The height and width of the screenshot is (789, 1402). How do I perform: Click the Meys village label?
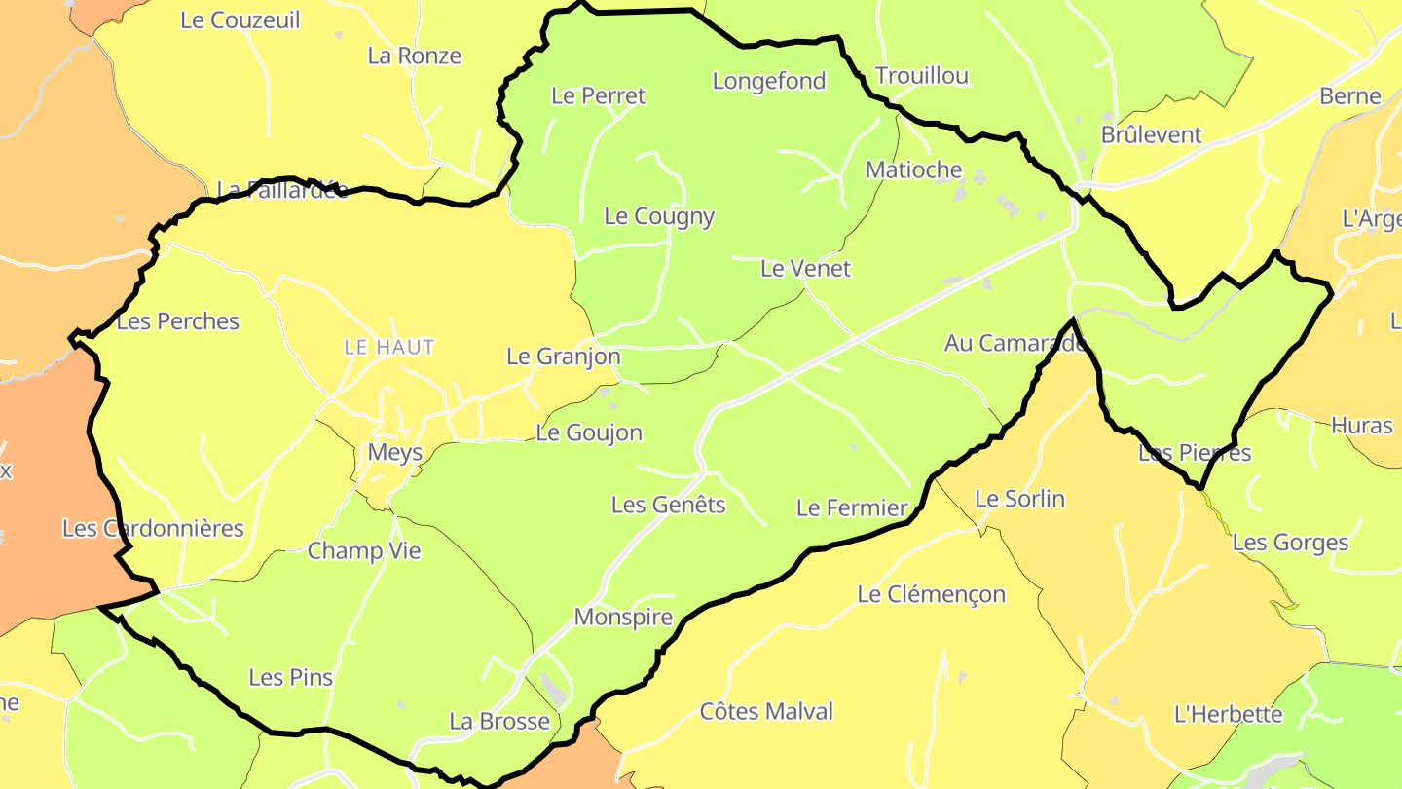395,452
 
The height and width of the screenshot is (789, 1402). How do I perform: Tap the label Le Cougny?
659,216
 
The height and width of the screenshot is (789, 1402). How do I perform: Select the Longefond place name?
769,81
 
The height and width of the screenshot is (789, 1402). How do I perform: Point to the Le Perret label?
598,95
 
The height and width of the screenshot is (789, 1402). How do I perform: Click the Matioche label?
913,169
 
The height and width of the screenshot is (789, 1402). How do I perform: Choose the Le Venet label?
805,268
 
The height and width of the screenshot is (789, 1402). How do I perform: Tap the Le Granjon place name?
563,357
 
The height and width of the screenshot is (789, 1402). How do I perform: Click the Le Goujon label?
589,432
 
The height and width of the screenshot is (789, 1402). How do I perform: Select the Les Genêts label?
668,505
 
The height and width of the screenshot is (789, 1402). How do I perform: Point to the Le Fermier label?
851,507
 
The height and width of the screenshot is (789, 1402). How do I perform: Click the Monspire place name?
623,617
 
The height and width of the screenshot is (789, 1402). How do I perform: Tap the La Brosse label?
498,722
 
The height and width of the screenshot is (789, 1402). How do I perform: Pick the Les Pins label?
290,677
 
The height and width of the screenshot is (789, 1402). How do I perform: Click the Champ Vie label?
364,551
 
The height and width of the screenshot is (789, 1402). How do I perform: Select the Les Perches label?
177,320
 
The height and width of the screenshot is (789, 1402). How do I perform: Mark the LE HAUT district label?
389,347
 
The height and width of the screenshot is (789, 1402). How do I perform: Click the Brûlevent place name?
1151,134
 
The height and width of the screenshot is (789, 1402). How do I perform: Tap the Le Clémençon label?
931,594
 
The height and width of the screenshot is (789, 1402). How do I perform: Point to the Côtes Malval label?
766,711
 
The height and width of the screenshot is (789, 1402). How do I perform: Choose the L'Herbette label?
1228,714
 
